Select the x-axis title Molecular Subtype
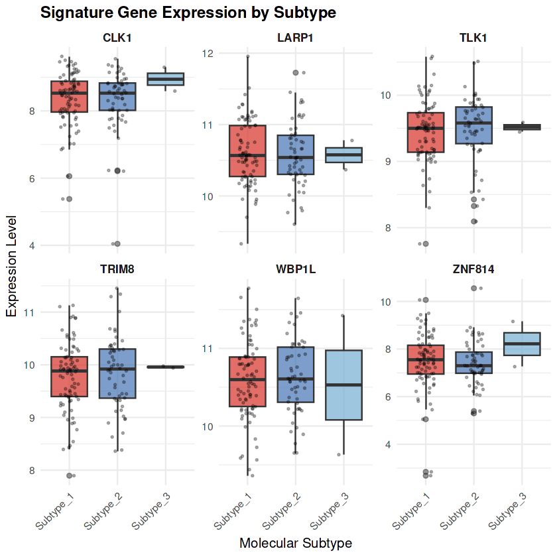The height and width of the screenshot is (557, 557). click(295, 543)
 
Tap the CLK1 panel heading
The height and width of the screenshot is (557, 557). click(117, 38)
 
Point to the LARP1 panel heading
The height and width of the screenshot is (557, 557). click(295, 38)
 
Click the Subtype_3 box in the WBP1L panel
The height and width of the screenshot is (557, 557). click(343, 385)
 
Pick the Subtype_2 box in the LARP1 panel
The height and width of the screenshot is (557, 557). click(295, 155)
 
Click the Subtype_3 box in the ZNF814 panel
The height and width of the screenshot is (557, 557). click(521, 343)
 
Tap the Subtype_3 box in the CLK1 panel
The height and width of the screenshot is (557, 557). click(165, 79)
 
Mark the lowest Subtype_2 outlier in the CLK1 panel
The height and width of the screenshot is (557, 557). click(117, 244)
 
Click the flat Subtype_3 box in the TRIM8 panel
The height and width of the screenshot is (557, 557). click(165, 367)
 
